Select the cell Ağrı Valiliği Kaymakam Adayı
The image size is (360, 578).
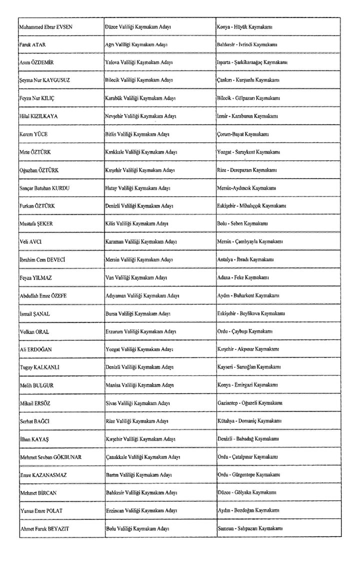coord(139,45)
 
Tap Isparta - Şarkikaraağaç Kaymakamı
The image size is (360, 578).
coord(252,63)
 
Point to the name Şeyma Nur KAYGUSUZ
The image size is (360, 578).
coord(42,80)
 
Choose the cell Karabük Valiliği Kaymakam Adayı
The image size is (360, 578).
coord(141,98)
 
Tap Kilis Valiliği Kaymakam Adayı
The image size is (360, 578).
coord(136,223)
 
